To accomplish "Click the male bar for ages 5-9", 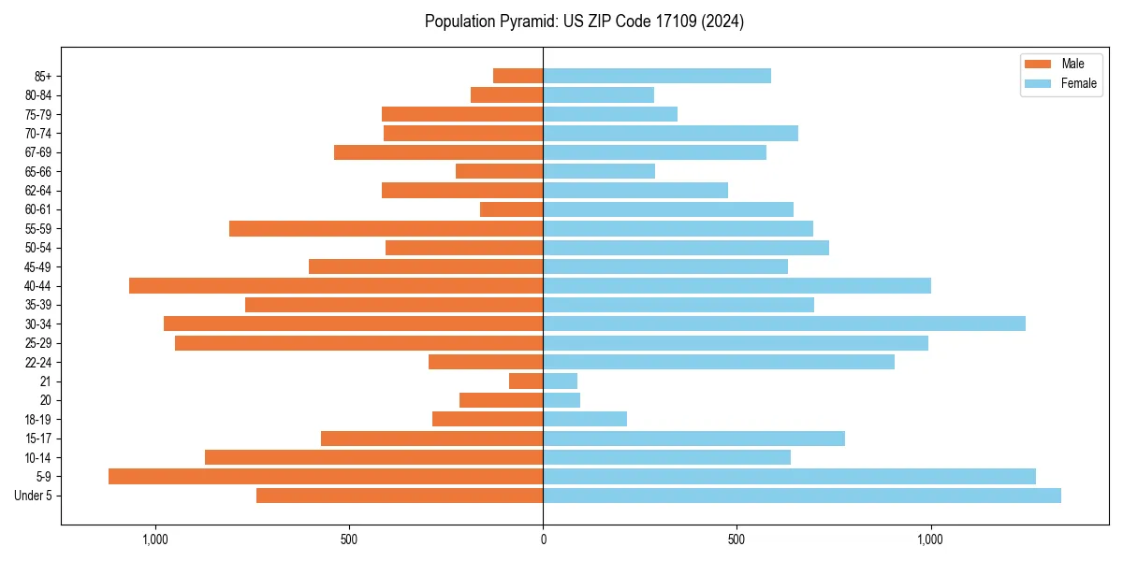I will point(326,476).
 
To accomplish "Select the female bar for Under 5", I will point(802,496).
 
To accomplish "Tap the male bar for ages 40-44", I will point(336,285).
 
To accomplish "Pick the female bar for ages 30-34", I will point(784,324).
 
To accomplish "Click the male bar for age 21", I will point(526,381).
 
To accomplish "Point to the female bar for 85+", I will point(657,76).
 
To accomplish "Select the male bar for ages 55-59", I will point(386,228).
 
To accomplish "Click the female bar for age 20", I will point(561,400).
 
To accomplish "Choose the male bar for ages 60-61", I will point(511,209).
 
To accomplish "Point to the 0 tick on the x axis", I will point(543,540).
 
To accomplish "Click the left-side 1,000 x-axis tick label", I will point(154,540).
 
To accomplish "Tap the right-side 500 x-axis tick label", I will point(737,540).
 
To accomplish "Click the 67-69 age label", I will point(38,152).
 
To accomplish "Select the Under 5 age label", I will point(34,496).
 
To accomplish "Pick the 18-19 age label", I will point(38,419).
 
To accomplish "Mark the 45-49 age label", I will point(38,266).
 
